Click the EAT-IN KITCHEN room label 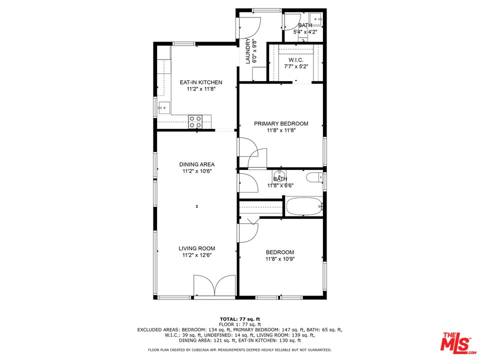201,82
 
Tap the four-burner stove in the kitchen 195,121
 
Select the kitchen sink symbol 163,107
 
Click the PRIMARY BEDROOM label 281,123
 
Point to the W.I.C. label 296,60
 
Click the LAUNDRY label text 247,51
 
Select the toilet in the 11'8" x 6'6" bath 314,177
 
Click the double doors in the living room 214,286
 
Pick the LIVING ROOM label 197,248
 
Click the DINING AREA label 197,164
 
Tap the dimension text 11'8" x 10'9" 280,259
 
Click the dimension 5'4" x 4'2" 304,32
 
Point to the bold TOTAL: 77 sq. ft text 240,319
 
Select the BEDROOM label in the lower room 280,252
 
